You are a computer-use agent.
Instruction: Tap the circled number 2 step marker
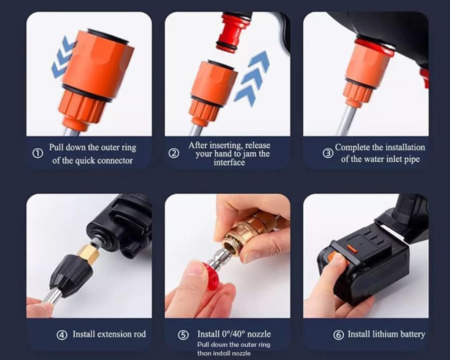coord(174,154)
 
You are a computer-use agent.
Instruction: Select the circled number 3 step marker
coord(328,153)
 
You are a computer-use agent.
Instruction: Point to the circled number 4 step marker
coord(62,335)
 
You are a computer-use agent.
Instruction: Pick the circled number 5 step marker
coord(183,335)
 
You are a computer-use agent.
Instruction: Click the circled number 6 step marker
coord(338,335)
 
